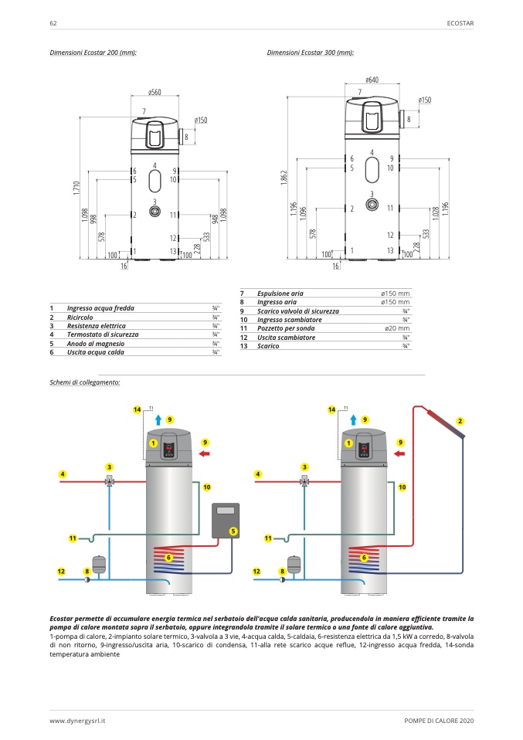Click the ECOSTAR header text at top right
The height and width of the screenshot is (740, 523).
click(460, 23)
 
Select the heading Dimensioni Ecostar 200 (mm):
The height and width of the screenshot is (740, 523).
click(93, 53)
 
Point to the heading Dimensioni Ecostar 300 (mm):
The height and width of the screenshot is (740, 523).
click(311, 53)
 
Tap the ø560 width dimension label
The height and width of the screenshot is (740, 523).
click(155, 93)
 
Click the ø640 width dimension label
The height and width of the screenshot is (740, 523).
click(372, 80)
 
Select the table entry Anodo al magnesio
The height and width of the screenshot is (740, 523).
click(97, 343)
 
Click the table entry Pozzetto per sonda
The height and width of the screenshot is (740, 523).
click(286, 328)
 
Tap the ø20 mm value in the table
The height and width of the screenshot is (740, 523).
click(397, 328)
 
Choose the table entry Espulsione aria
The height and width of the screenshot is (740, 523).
click(280, 294)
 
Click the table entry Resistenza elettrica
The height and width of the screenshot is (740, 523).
click(101, 326)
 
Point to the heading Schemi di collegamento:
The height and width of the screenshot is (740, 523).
click(85, 382)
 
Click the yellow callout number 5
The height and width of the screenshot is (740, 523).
click(233, 531)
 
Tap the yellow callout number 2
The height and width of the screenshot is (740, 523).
click(460, 420)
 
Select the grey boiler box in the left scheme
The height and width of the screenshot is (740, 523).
click(226, 519)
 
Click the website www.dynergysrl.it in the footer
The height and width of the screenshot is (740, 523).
click(77, 721)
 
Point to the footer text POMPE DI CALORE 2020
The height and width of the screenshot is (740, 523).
click(438, 721)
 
